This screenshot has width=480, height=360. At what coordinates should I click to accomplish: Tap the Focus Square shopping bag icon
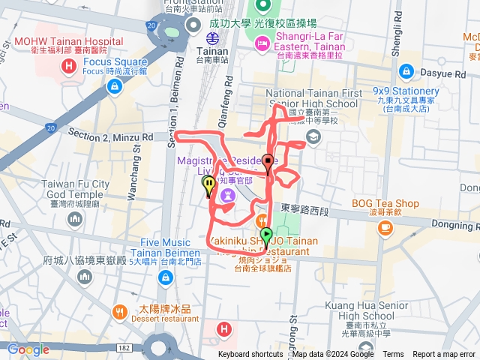(115, 87)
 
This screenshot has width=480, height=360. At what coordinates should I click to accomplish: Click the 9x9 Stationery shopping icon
(406, 70)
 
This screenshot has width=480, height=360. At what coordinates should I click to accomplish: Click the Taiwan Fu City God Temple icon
(75, 218)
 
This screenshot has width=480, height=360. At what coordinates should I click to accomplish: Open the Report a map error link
(445, 355)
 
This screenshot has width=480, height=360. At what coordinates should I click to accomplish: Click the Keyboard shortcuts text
(250, 355)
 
